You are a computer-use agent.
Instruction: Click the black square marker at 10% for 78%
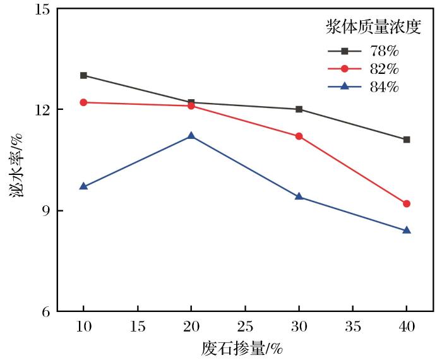83,75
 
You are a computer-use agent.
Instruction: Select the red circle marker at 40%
407,203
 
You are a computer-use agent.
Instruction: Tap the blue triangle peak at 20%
191,136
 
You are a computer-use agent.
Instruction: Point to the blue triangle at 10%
83,186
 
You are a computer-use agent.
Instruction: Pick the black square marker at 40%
407,140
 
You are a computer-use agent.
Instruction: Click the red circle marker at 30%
299,136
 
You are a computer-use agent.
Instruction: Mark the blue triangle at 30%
299,196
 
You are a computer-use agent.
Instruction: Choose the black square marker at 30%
299,109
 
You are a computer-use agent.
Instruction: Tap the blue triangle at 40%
407,230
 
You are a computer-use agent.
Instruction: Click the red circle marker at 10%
83,102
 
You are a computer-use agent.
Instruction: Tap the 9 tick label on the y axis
50,210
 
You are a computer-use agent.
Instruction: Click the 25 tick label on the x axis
245,327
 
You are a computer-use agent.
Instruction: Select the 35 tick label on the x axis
352,327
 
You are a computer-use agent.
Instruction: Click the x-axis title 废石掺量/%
242,347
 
